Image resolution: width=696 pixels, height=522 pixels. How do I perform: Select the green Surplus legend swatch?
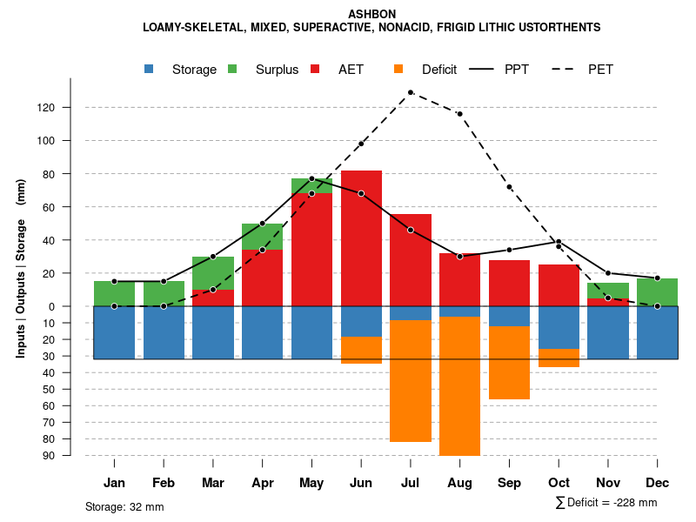232,70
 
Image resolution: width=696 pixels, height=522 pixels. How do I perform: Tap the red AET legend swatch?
315,70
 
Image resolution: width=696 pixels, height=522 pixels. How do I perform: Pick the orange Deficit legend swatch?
398,70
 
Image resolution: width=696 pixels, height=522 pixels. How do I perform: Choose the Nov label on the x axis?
608,483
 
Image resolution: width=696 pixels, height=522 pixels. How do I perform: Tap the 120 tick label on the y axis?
70,108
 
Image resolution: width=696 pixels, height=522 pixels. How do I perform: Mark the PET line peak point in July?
410,92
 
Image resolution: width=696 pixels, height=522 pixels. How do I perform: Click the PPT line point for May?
311,178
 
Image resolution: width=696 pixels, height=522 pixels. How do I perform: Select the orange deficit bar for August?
459,387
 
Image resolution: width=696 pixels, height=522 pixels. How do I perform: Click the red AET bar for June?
361,235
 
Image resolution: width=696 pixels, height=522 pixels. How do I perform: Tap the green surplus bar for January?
114,293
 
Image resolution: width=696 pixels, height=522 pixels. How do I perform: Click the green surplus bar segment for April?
262,237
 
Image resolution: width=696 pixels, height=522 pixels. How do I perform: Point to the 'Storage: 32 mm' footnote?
124,506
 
